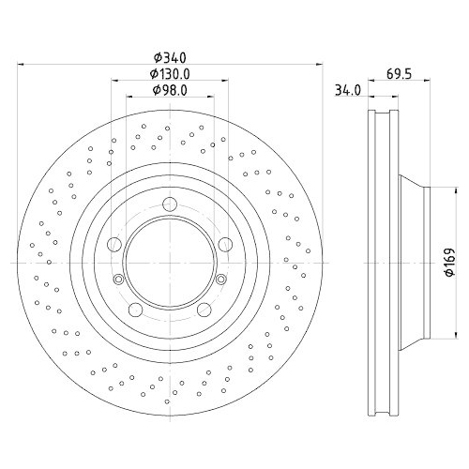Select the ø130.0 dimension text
pos(169,74)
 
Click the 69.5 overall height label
pos(400,72)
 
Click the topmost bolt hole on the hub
pos(169,207)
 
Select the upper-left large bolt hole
pos(113,246)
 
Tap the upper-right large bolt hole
pos(225,246)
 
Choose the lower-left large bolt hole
pos(135,310)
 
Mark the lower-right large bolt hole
pos(204,310)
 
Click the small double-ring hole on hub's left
pos(118,280)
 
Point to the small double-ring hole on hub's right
pos(220,280)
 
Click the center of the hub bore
pos(169,264)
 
